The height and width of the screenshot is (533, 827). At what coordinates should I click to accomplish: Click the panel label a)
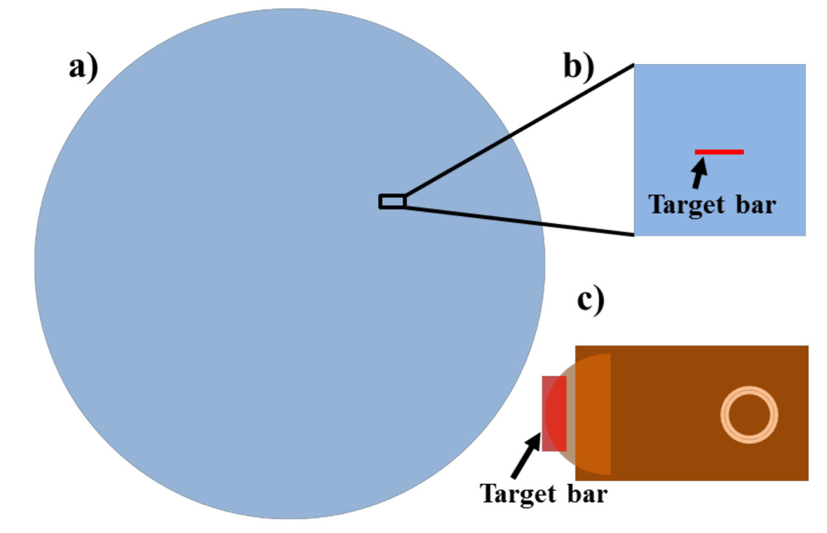click(x=83, y=69)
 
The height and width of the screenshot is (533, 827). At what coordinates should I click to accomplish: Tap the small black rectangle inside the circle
click(x=392, y=201)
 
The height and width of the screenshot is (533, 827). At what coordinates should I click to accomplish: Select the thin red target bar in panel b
click(x=719, y=151)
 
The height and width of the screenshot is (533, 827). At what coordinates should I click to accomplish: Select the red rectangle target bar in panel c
click(x=553, y=414)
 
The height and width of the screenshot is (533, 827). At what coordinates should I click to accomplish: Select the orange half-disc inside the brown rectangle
click(x=593, y=414)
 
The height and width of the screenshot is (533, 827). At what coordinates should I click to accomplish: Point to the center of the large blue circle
click(x=289, y=263)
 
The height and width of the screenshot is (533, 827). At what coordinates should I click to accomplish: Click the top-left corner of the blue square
click(x=635, y=65)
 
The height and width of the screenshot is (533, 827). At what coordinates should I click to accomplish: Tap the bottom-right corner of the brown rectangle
click(x=807, y=479)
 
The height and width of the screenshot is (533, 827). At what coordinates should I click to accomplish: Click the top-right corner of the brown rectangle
click(x=807, y=346)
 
